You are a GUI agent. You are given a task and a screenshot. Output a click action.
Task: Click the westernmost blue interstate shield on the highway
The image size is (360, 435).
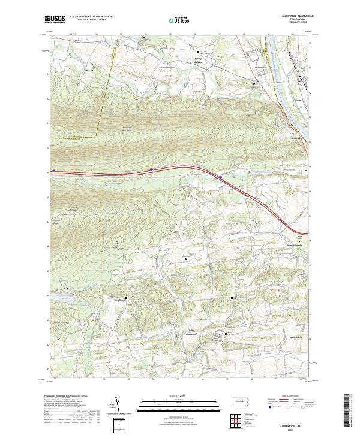[55, 170]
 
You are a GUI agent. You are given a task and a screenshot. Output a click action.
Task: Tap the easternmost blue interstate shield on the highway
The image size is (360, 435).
[221, 178]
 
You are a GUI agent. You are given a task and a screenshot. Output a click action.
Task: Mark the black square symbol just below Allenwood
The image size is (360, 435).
[254, 85]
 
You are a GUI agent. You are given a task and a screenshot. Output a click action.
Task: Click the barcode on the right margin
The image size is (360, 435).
[350, 411]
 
